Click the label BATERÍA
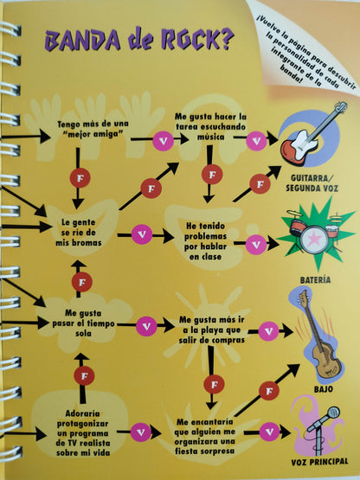click(315, 280)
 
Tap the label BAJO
click(323, 389)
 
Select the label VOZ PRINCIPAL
click(319, 462)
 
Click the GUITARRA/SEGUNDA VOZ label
click(312, 182)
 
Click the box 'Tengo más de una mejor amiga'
click(93, 129)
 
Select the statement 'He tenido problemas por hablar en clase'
click(206, 241)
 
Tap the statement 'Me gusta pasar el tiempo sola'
click(83, 323)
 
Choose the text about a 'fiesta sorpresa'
click(205, 437)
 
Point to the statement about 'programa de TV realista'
click(83, 433)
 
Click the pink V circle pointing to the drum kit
click(256, 245)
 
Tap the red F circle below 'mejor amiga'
click(80, 177)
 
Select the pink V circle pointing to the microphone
click(270, 432)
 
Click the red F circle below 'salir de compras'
click(214, 385)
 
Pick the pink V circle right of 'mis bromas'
click(142, 234)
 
